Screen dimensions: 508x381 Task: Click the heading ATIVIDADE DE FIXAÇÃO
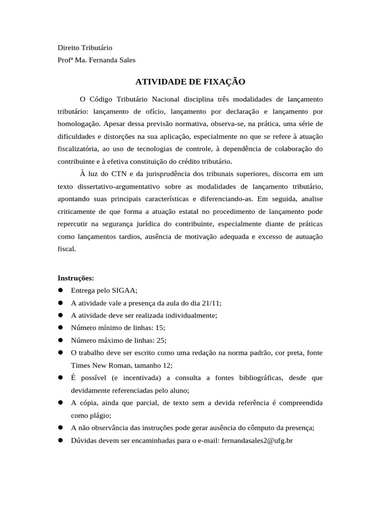point(190,81)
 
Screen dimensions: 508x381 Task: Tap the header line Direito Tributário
point(85,48)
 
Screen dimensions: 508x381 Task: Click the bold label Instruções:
point(76,278)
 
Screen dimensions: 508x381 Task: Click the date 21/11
point(211,303)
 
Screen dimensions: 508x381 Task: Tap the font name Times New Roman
point(97,365)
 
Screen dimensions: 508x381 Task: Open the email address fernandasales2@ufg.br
point(257,440)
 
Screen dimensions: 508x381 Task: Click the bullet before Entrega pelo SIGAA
point(61,290)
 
